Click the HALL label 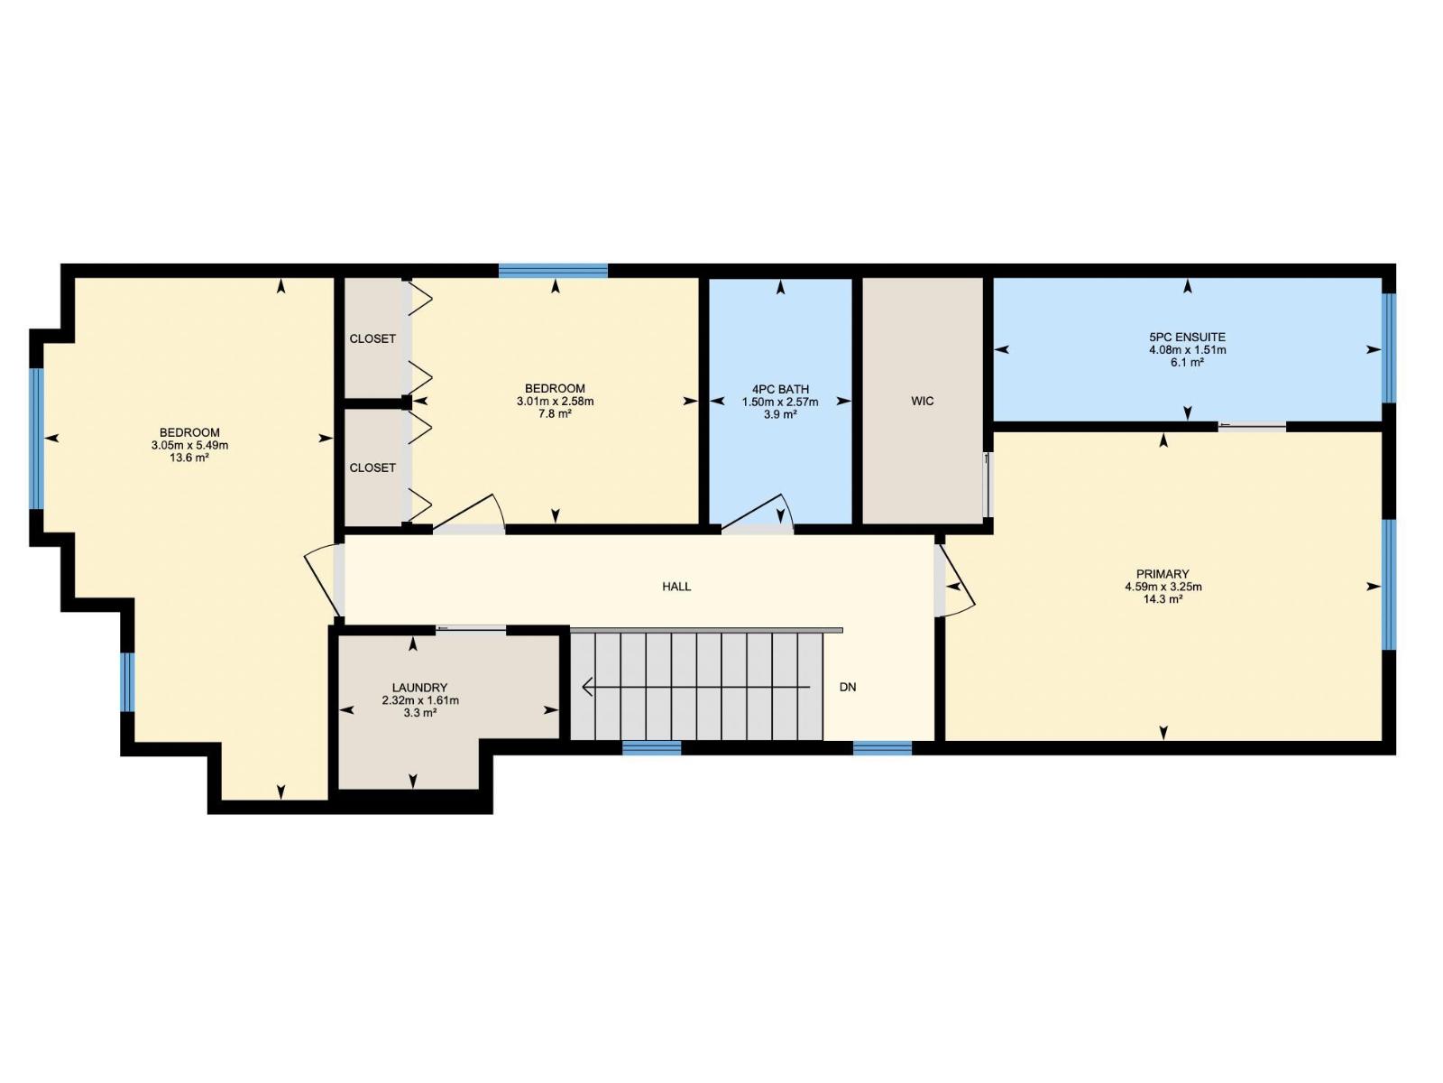coord(676,587)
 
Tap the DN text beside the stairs coord(848,687)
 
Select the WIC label coord(922,401)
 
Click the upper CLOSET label coord(372,338)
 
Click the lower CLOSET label coord(372,467)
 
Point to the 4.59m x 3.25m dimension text coord(1163,587)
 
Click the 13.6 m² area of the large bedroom coord(189,458)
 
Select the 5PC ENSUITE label coord(1187,338)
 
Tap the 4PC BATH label coord(780,390)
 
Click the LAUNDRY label coord(419,688)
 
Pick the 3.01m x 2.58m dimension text coord(555,402)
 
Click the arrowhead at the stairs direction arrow coord(588,688)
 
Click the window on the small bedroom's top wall coord(553,270)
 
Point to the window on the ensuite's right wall coord(1389,347)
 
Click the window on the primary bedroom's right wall coord(1389,584)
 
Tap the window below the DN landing coord(882,747)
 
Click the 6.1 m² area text coord(1187,362)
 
